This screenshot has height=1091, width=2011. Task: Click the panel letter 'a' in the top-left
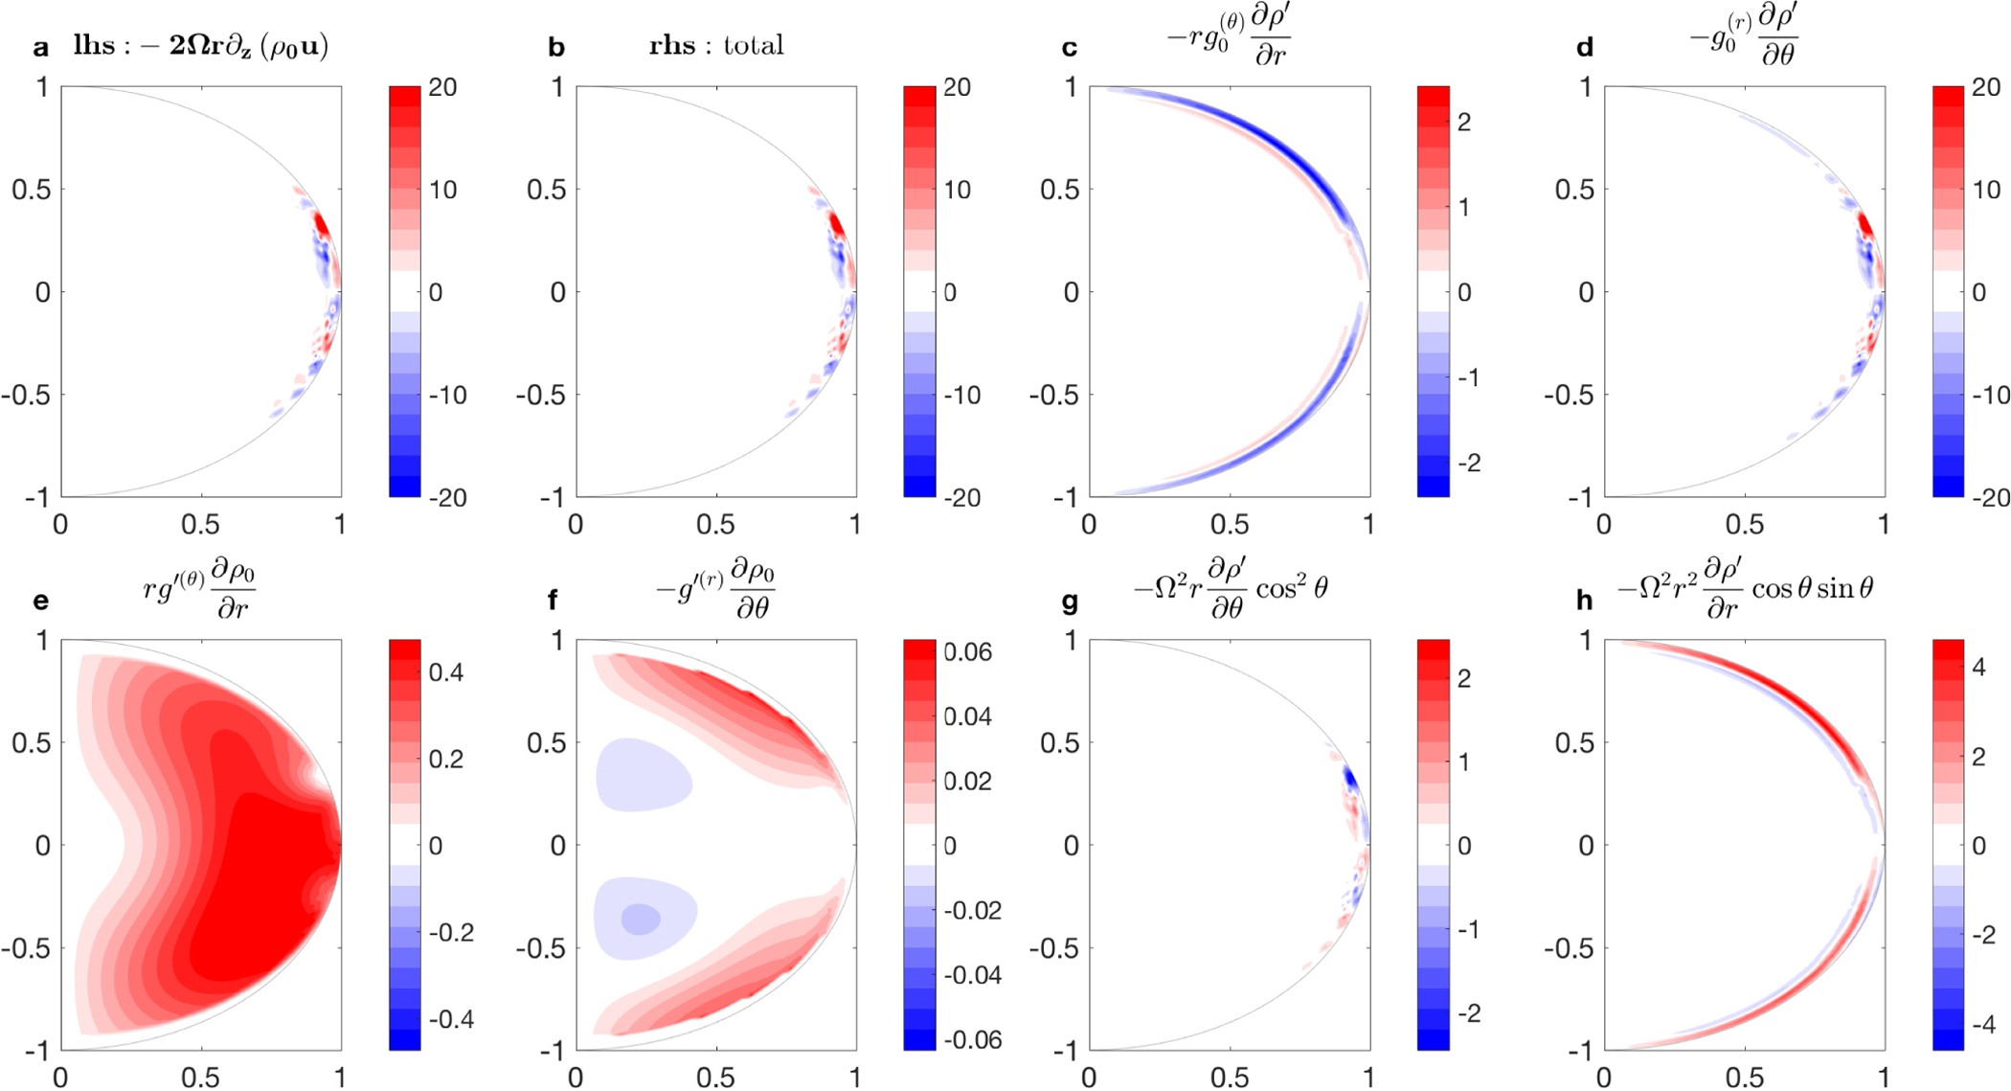point(40,48)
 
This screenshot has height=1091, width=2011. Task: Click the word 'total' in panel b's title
point(754,45)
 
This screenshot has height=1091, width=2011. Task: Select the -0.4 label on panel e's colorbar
point(451,1018)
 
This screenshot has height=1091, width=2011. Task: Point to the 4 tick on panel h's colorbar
point(1978,668)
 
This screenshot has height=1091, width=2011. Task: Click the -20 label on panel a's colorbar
point(447,497)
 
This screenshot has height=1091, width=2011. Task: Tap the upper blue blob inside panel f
point(642,774)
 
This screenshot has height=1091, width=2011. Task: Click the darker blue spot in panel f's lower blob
point(640,920)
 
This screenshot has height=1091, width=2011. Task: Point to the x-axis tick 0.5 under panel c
point(1229,525)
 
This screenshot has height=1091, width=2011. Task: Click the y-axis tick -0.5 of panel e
point(27,948)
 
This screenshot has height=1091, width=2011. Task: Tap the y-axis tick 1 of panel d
point(1586,87)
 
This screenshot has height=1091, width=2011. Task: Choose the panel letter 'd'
point(1585,48)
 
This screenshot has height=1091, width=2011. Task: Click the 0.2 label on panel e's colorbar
point(446,759)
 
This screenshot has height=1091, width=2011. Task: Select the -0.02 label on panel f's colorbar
point(972,910)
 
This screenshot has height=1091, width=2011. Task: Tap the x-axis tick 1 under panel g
point(1368,1078)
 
